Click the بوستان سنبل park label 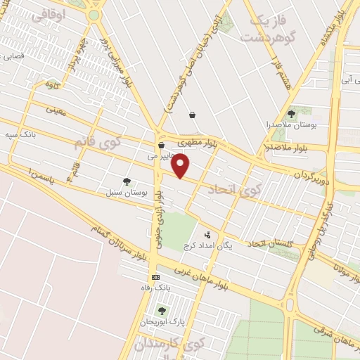tap(127, 192)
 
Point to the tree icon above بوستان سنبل tap(127, 181)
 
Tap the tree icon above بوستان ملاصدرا tap(291, 113)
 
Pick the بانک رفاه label tap(155, 288)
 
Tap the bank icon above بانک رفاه tap(155, 277)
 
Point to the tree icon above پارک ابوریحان tap(162, 310)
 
